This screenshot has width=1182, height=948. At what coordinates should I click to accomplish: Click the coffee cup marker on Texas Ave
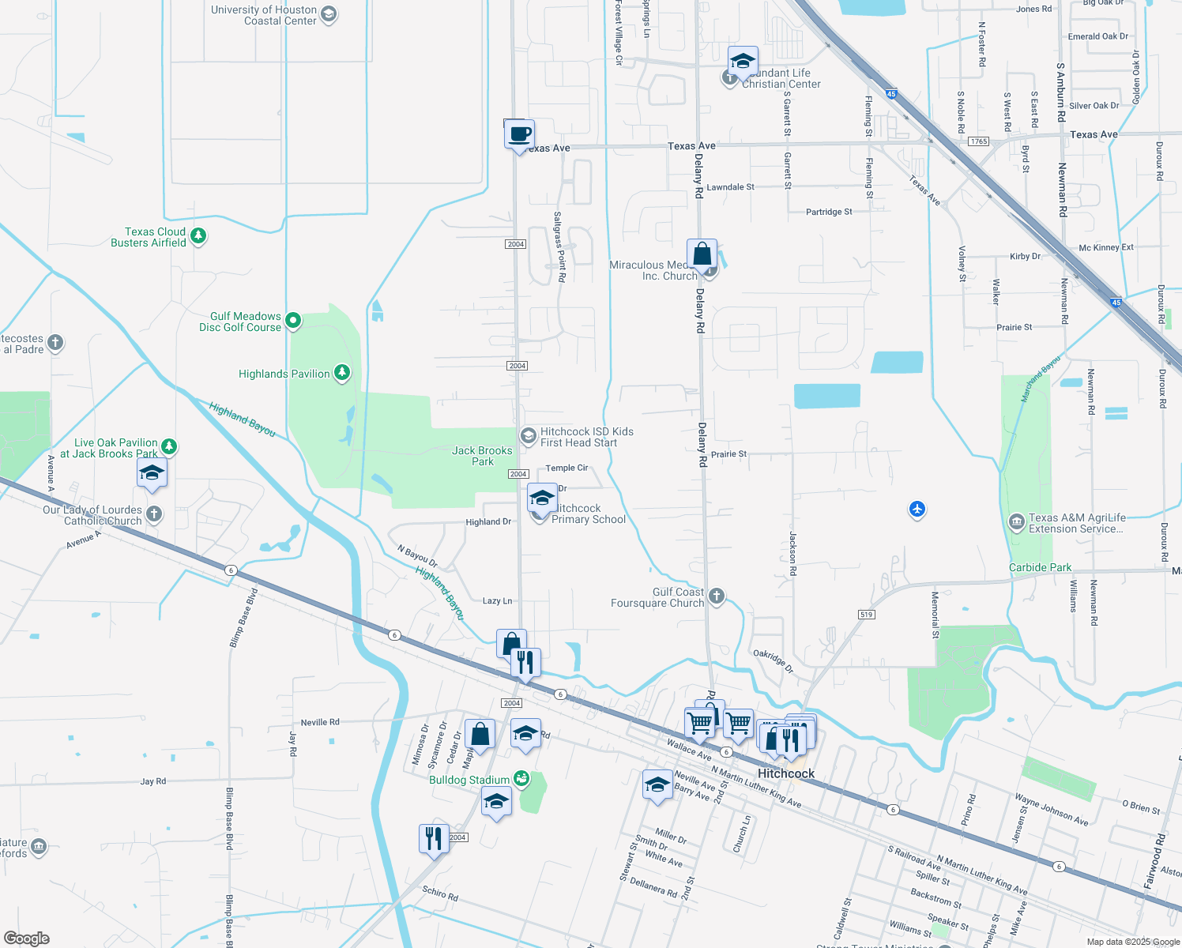click(x=519, y=135)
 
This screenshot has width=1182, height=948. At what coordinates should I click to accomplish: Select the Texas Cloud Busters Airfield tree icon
click(x=199, y=235)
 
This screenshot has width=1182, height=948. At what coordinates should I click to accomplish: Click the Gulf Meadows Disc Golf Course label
click(x=240, y=322)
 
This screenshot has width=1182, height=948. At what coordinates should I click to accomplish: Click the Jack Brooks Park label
click(x=482, y=456)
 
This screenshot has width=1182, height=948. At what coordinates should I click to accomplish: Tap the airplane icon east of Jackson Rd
click(x=917, y=509)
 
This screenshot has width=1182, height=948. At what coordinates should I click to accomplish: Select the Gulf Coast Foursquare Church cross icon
click(x=717, y=596)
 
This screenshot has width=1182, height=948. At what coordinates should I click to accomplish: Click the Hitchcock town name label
click(x=786, y=773)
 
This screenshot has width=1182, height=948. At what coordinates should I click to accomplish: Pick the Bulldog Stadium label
click(x=469, y=780)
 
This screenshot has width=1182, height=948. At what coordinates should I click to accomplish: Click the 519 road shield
click(x=866, y=615)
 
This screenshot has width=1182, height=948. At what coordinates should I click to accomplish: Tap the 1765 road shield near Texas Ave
click(x=979, y=141)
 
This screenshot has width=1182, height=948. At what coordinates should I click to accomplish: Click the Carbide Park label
click(x=1040, y=567)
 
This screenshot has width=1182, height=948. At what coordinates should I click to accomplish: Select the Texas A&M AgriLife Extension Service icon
click(x=1017, y=522)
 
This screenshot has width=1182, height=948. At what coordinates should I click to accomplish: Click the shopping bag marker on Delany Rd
click(x=702, y=255)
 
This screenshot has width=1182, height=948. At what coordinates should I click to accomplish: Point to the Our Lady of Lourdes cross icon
click(x=154, y=514)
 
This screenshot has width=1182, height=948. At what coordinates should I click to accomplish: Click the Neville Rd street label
click(x=320, y=722)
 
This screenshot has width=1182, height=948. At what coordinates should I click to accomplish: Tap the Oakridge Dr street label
click(x=773, y=661)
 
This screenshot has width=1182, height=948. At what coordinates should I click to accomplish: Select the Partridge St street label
click(x=829, y=212)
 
